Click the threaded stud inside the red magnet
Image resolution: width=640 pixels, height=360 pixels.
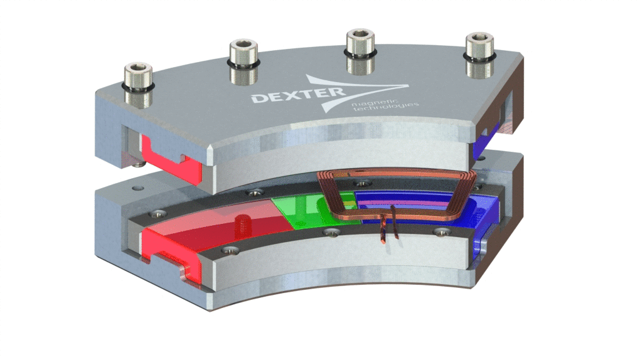(241, 222)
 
